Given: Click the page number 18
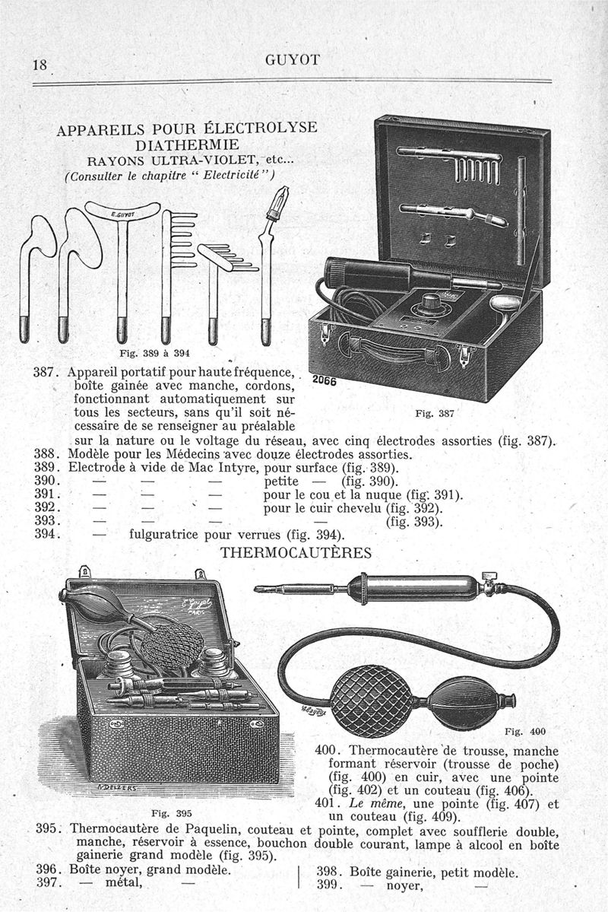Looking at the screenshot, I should coord(38,65).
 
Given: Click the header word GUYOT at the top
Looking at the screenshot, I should coord(293,60).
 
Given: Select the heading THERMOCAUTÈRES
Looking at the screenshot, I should coord(296,552).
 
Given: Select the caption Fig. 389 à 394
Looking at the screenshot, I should coord(155,353).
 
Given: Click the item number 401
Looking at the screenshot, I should coord(325,803).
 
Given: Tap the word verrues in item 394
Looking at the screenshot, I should coord(261,533).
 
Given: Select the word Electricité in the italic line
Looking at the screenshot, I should coord(228,175).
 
